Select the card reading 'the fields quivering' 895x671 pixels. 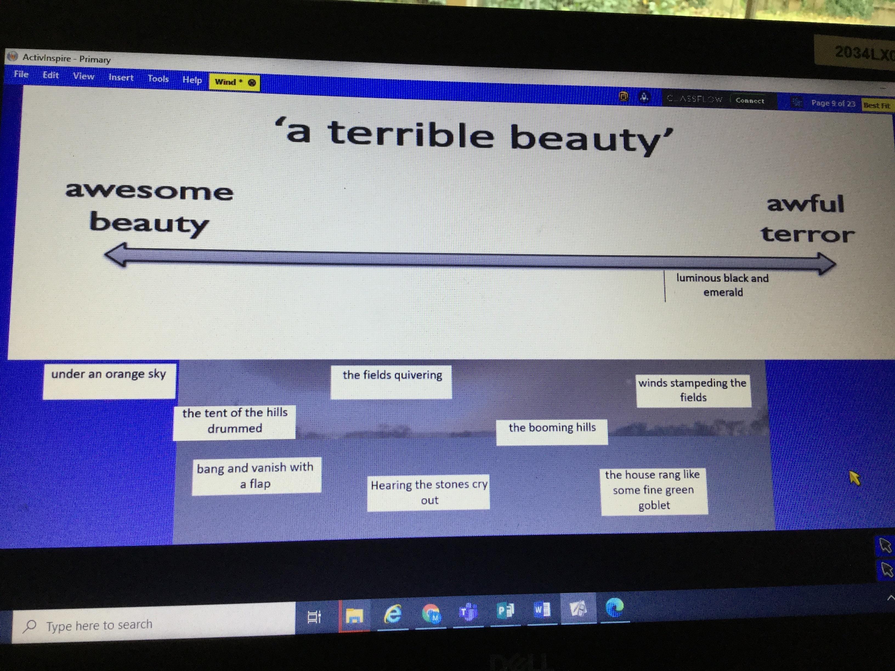(391, 382)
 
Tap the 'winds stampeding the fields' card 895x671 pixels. (693, 390)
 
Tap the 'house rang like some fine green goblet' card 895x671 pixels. (654, 491)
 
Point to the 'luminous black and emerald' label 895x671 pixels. (723, 285)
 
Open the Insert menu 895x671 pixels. (121, 77)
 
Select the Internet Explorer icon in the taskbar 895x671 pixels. (392, 614)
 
